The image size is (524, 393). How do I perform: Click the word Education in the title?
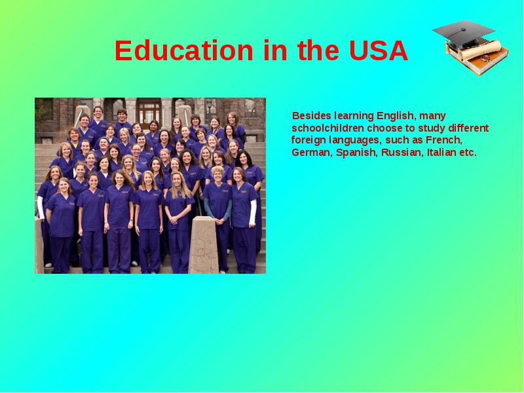point(184,50)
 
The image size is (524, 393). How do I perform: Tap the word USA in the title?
point(379,50)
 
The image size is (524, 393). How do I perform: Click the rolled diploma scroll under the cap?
point(474,51)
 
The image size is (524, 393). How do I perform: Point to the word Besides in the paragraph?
point(312,116)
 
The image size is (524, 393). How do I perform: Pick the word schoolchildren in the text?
point(327,128)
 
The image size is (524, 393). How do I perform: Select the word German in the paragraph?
point(312,153)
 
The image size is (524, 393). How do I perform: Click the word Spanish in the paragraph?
point(356,153)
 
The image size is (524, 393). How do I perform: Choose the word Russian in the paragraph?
point(402,153)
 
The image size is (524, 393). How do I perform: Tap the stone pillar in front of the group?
point(204,245)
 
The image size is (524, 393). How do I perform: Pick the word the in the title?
point(318,50)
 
